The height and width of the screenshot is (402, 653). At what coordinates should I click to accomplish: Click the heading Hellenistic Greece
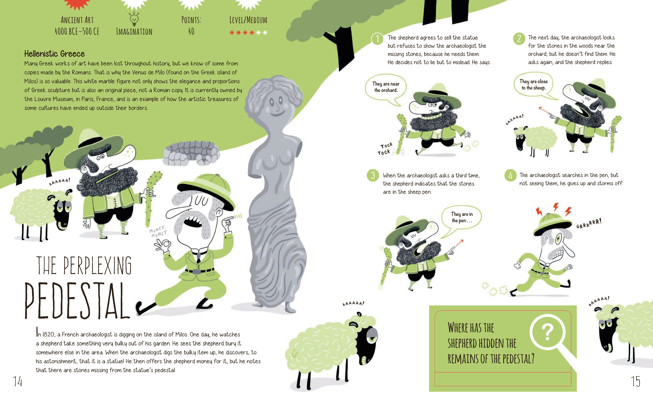[x=54, y=54]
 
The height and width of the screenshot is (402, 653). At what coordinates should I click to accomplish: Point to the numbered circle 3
[x=373, y=175]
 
